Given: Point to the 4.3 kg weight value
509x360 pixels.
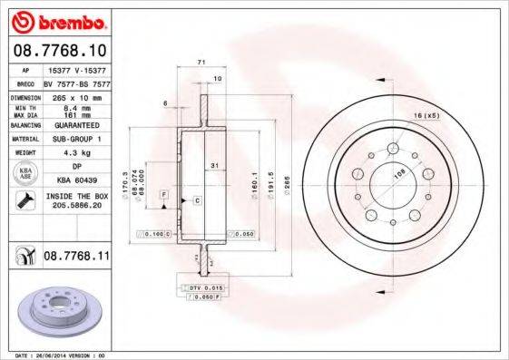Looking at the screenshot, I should (74, 153).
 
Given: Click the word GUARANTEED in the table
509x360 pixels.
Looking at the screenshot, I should (74, 127).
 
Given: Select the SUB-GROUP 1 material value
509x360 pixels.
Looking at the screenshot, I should (74, 140).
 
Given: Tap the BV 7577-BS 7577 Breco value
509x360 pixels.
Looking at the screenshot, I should (76, 82).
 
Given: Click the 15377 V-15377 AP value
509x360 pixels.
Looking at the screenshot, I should (74, 69).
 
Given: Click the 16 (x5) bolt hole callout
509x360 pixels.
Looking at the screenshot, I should (426, 116).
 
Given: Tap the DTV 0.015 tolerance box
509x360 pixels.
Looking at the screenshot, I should (206, 287).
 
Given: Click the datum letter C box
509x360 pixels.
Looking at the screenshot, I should (196, 199).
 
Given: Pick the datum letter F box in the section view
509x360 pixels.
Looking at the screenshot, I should (162, 194).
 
